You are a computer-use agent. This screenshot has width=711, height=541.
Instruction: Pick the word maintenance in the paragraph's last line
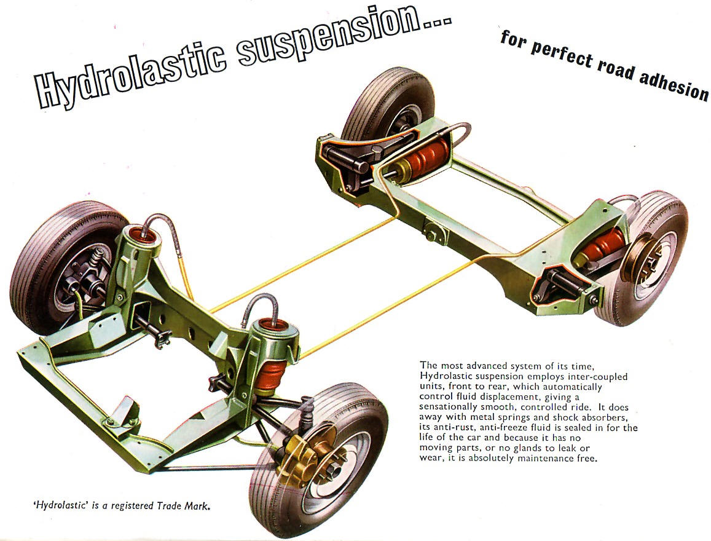pyautogui.click(x=551, y=458)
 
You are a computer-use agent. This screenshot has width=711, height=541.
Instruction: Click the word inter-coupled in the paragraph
pyautogui.click(x=593, y=376)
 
